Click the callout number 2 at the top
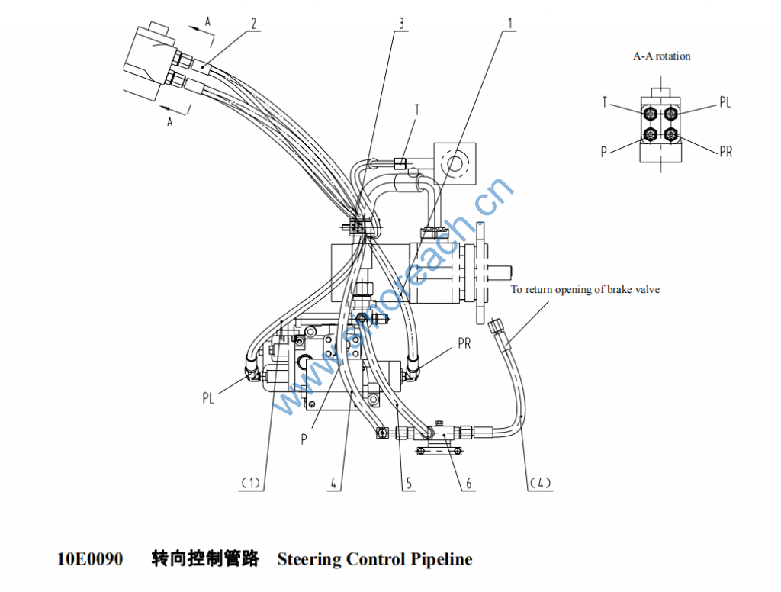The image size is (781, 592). (253, 23)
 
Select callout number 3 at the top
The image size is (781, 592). (401, 23)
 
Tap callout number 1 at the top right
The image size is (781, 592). (509, 23)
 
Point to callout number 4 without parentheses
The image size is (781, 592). (333, 482)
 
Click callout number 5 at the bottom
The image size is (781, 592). (409, 482)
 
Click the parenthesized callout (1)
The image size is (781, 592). (251, 482)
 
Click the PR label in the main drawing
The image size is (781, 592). (464, 344)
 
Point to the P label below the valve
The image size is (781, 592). (304, 440)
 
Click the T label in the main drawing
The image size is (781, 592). (417, 111)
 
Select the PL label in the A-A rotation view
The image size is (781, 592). (725, 102)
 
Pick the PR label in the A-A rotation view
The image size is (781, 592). (725, 152)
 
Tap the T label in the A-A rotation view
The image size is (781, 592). (605, 102)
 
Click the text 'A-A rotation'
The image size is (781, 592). (662, 56)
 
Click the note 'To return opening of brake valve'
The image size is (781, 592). (585, 290)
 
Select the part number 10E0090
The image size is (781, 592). (90, 559)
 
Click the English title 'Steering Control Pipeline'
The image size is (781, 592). (374, 559)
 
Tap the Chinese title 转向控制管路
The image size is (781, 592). (205, 559)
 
